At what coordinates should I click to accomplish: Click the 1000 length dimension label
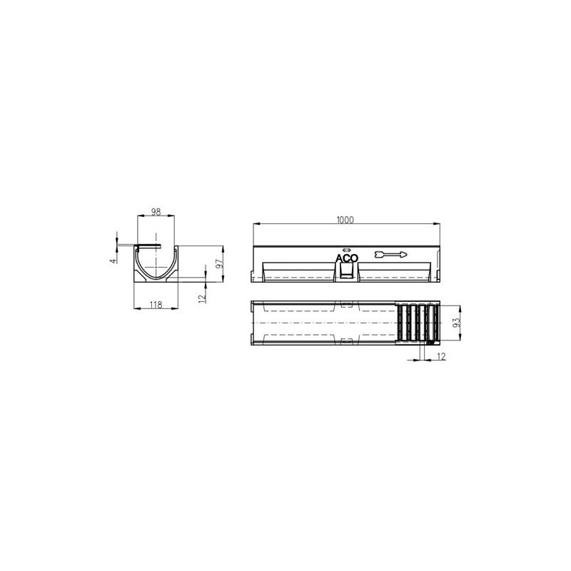pyautogui.click(x=345, y=220)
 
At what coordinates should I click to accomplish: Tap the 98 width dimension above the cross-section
pyautogui.click(x=156, y=212)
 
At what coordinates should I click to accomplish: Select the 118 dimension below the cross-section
pyautogui.click(x=156, y=305)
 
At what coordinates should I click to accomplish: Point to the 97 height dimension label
pyautogui.click(x=221, y=263)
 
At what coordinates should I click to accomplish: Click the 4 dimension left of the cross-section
pyautogui.click(x=112, y=261)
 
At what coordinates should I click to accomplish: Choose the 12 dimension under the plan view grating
pyautogui.click(x=441, y=356)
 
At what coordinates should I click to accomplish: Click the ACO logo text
pyautogui.click(x=346, y=259)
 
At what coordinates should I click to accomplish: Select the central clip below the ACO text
pyautogui.click(x=345, y=272)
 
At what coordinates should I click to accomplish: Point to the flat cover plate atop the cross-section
pyautogui.click(x=150, y=246)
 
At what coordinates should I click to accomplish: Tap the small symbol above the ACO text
pyautogui.click(x=346, y=250)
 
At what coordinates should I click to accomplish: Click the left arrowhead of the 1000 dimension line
pyautogui.click(x=255, y=225)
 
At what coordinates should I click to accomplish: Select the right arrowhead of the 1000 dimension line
pyautogui.click(x=437, y=225)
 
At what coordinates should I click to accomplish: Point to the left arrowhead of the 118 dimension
pyautogui.click(x=137, y=309)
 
